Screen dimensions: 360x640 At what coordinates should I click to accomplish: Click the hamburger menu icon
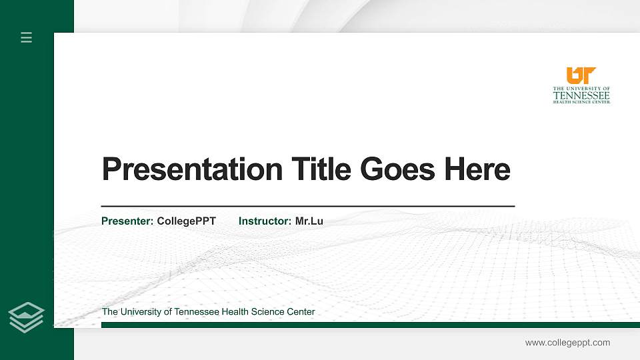[27, 37]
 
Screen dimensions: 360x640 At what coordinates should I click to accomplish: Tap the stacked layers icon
[27, 317]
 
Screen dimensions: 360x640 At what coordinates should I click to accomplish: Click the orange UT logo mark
[581, 75]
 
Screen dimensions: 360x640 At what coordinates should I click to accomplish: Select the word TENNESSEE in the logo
[581, 95]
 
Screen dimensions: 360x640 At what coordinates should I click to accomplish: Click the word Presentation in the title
[192, 169]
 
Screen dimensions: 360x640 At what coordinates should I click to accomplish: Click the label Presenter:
[127, 221]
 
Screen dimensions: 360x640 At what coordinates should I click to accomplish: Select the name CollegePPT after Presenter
[186, 221]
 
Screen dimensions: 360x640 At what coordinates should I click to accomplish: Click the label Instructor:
[265, 221]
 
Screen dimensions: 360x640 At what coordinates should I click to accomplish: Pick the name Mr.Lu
[309, 221]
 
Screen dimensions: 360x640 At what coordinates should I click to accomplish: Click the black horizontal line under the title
[307, 206]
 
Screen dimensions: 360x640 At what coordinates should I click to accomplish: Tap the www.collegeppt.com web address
[567, 343]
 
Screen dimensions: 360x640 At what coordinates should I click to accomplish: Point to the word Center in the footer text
[300, 311]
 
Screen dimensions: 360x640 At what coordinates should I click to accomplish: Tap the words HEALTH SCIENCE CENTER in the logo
[581, 102]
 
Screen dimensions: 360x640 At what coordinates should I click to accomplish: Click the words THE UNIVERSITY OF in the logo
[581, 88]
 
